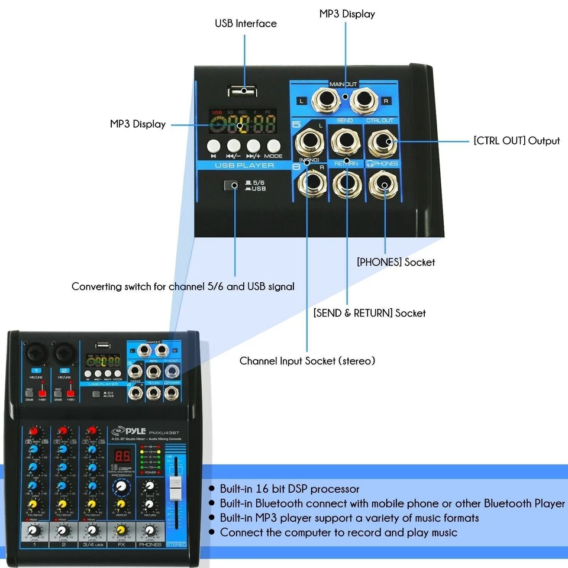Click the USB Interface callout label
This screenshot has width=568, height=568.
pos(246,24)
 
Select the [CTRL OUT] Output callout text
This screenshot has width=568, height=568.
pos(517,141)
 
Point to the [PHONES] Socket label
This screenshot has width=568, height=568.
pos(396,262)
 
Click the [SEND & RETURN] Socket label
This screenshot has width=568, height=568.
pos(369,312)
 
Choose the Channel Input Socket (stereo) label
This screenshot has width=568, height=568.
pos(307,360)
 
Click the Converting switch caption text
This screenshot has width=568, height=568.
pos(183,286)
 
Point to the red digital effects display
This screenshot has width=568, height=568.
pos(122,456)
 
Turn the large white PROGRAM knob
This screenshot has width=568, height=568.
pos(121,486)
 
